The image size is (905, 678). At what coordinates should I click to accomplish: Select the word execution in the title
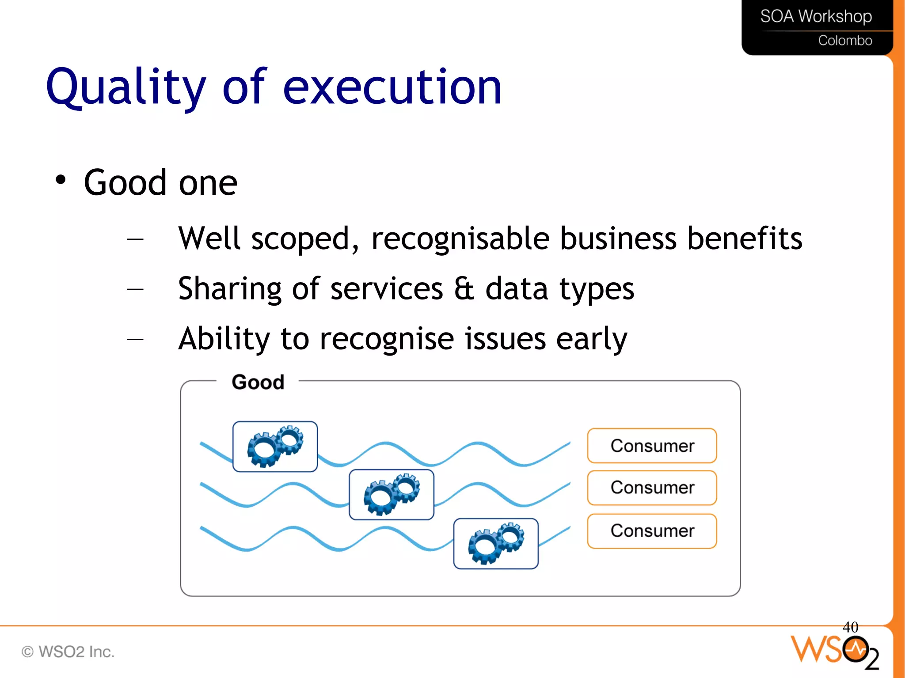[x=392, y=87]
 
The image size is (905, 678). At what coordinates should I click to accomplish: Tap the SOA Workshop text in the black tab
[x=816, y=16]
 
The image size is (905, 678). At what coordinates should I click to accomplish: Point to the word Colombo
[x=845, y=41]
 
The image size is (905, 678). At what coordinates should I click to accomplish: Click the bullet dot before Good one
[x=61, y=180]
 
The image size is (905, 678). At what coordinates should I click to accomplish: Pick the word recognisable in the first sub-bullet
[x=460, y=239]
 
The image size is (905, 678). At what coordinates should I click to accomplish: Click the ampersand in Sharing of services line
[x=464, y=289]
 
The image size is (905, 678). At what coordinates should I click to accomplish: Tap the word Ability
[x=224, y=339]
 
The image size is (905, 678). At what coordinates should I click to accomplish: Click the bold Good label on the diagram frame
[x=258, y=382]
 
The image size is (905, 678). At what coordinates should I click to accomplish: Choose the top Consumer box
[x=652, y=446]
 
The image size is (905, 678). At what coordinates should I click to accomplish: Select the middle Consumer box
[x=652, y=488]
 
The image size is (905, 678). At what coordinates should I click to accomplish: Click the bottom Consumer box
[x=652, y=531]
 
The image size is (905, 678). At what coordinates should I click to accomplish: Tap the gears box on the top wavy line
[x=275, y=447]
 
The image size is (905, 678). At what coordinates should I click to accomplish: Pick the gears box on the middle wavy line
[x=392, y=495]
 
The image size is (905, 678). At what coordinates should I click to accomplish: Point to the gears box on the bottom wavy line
[x=496, y=544]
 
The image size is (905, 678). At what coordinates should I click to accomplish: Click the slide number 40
[x=850, y=627]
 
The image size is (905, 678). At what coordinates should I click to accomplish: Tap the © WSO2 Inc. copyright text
[x=68, y=652]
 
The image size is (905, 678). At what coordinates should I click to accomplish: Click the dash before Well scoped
[x=135, y=239]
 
